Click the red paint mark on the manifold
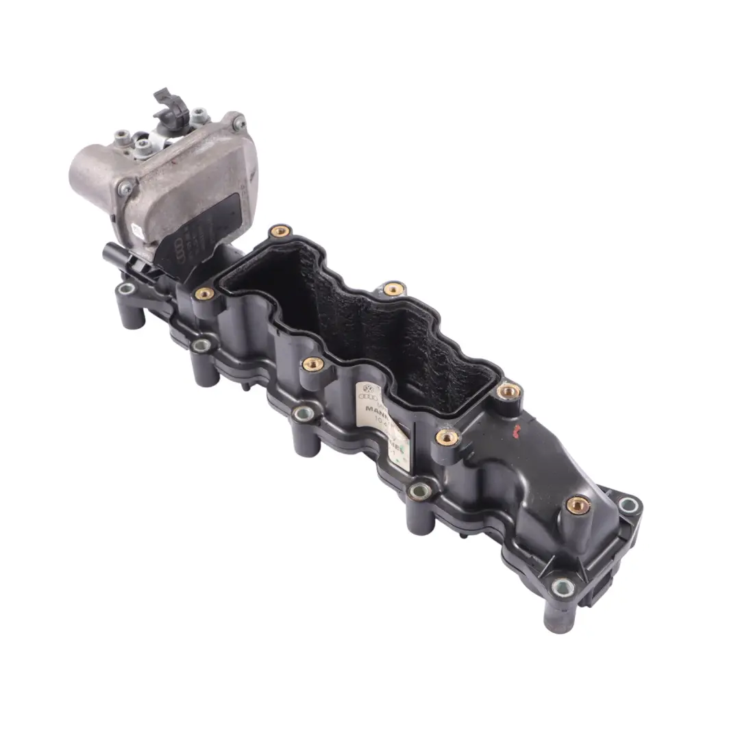tap(518, 430)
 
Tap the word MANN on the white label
tap(378, 410)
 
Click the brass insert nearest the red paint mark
tap(508, 391)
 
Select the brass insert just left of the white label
tap(312, 363)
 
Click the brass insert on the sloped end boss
tap(578, 505)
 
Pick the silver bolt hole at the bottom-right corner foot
tap(562, 587)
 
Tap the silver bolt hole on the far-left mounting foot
tap(125, 288)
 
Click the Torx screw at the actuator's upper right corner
tap(238, 124)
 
